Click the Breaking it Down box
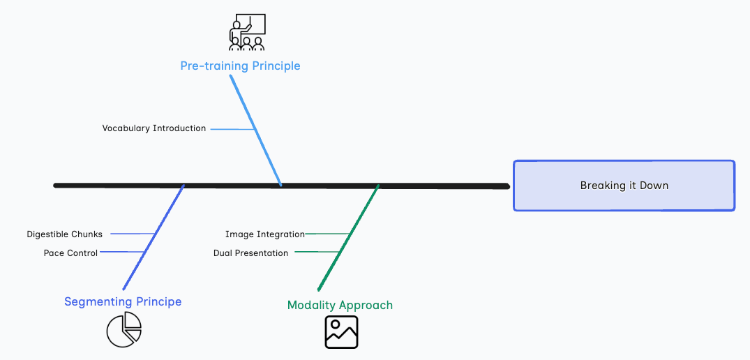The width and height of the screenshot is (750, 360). [x=624, y=186]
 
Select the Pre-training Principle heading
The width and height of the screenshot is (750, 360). [x=240, y=66]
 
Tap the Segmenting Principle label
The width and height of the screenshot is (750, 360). [x=123, y=301]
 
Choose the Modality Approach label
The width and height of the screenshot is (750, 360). [x=340, y=305]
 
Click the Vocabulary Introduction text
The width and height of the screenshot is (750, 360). [x=154, y=128]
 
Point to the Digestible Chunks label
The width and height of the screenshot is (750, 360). [x=65, y=234]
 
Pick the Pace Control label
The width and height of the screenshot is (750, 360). [x=70, y=253]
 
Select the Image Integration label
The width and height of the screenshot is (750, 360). [x=265, y=234]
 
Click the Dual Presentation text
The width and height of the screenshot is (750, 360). [x=250, y=253]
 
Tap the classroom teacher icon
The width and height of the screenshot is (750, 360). [x=247, y=31]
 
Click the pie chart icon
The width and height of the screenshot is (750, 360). [x=124, y=329]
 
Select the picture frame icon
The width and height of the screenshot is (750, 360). [x=341, y=331]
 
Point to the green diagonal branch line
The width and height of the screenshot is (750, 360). [x=348, y=237]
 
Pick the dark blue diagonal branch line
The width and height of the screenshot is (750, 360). [x=153, y=237]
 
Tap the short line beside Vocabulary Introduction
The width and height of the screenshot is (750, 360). [x=232, y=129]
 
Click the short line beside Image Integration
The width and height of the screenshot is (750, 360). [x=327, y=234]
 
